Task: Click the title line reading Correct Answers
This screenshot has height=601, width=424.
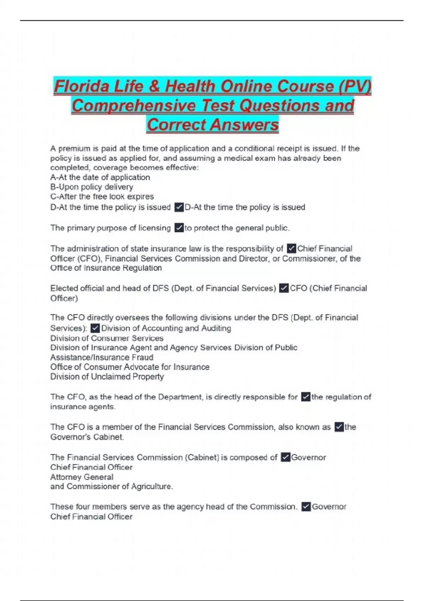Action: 213,124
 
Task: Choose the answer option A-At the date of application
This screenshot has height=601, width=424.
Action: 100,177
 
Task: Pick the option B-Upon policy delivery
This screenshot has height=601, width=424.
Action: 92,187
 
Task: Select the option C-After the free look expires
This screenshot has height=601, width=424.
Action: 102,196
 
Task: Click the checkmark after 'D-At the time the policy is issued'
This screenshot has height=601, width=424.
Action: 179,207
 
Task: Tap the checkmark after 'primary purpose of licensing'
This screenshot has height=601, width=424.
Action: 179,228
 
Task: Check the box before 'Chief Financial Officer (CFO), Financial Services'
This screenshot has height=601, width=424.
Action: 291,249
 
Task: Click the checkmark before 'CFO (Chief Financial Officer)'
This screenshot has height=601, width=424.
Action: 283,288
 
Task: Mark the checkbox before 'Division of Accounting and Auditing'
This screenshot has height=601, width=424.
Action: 95,328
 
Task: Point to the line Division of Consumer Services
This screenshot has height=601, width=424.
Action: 107,338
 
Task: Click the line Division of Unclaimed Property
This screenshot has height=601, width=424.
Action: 107,377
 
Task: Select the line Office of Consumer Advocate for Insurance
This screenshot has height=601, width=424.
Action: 130,367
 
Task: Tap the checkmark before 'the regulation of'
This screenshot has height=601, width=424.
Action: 306,397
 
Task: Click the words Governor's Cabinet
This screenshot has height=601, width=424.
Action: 87,437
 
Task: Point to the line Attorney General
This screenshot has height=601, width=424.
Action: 82,477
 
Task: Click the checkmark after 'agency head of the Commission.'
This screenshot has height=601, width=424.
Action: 306,507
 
